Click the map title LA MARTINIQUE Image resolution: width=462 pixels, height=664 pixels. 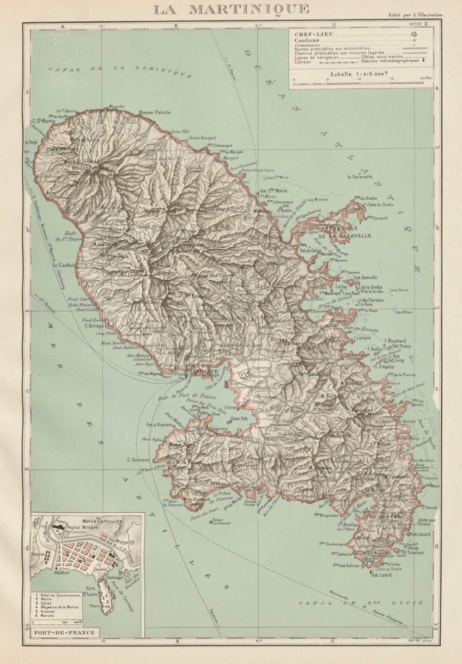[x=231, y=9]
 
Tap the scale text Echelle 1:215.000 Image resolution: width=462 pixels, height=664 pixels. [x=358, y=74]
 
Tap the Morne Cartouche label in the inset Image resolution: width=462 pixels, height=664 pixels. [x=102, y=521]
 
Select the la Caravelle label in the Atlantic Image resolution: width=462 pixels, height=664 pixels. [x=360, y=177]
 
